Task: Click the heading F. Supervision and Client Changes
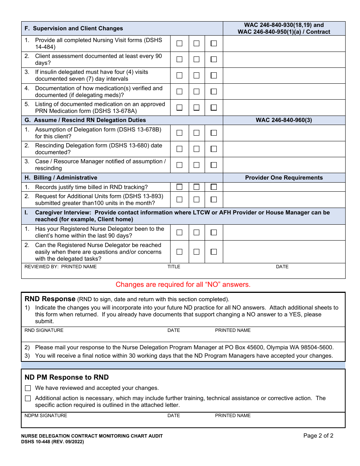click(74, 28)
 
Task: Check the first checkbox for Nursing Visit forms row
click(179, 44)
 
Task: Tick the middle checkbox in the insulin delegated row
click(196, 75)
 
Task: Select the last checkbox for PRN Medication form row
click(214, 108)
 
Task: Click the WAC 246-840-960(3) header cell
click(284, 120)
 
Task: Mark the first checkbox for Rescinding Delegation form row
click(179, 149)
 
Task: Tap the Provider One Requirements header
click(284, 178)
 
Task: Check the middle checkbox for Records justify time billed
click(196, 187)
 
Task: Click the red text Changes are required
click(183, 285)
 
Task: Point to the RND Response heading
click(50, 299)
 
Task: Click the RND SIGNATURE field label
click(44, 330)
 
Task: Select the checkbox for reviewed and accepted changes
click(28, 388)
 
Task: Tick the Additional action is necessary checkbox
click(28, 399)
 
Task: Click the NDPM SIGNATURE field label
click(46, 416)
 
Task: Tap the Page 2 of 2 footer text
click(318, 436)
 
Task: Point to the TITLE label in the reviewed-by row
click(174, 267)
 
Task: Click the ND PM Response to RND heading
click(67, 377)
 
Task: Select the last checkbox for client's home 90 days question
click(214, 232)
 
